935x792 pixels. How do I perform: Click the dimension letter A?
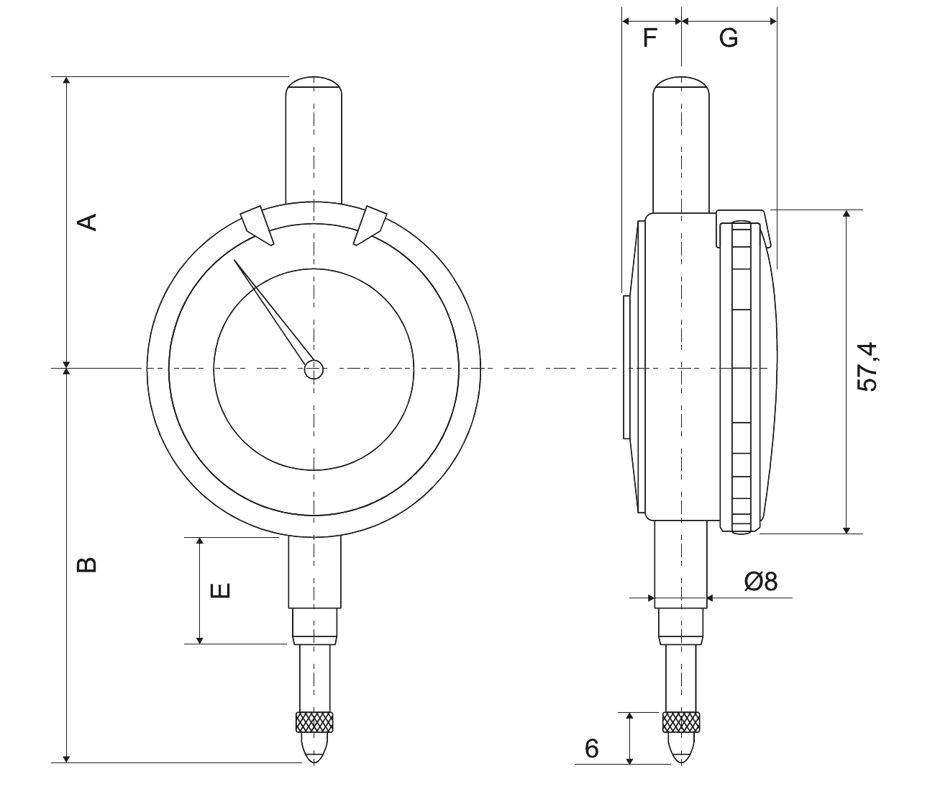pyautogui.click(x=87, y=222)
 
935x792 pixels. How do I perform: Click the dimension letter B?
pyautogui.click(x=87, y=565)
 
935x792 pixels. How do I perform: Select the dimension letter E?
pyautogui.click(x=221, y=590)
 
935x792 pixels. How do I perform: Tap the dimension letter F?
pyautogui.click(x=649, y=38)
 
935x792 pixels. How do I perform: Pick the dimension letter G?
pyautogui.click(x=729, y=38)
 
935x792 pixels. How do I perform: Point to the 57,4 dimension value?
pyautogui.click(x=867, y=367)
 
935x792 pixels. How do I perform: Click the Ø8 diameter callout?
pyautogui.click(x=761, y=582)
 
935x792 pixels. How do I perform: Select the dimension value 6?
pyautogui.click(x=592, y=749)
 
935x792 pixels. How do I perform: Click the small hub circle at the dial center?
pyautogui.click(x=314, y=369)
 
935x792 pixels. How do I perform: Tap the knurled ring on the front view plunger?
pyautogui.click(x=314, y=722)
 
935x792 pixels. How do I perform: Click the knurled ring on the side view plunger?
pyautogui.click(x=681, y=722)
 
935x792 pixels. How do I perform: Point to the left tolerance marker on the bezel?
pyautogui.click(x=257, y=225)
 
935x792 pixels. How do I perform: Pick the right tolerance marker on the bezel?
pyautogui.click(x=370, y=225)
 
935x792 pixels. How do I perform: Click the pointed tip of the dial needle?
pyautogui.click(x=234, y=260)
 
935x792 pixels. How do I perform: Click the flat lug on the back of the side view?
pyautogui.click(x=626, y=367)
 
